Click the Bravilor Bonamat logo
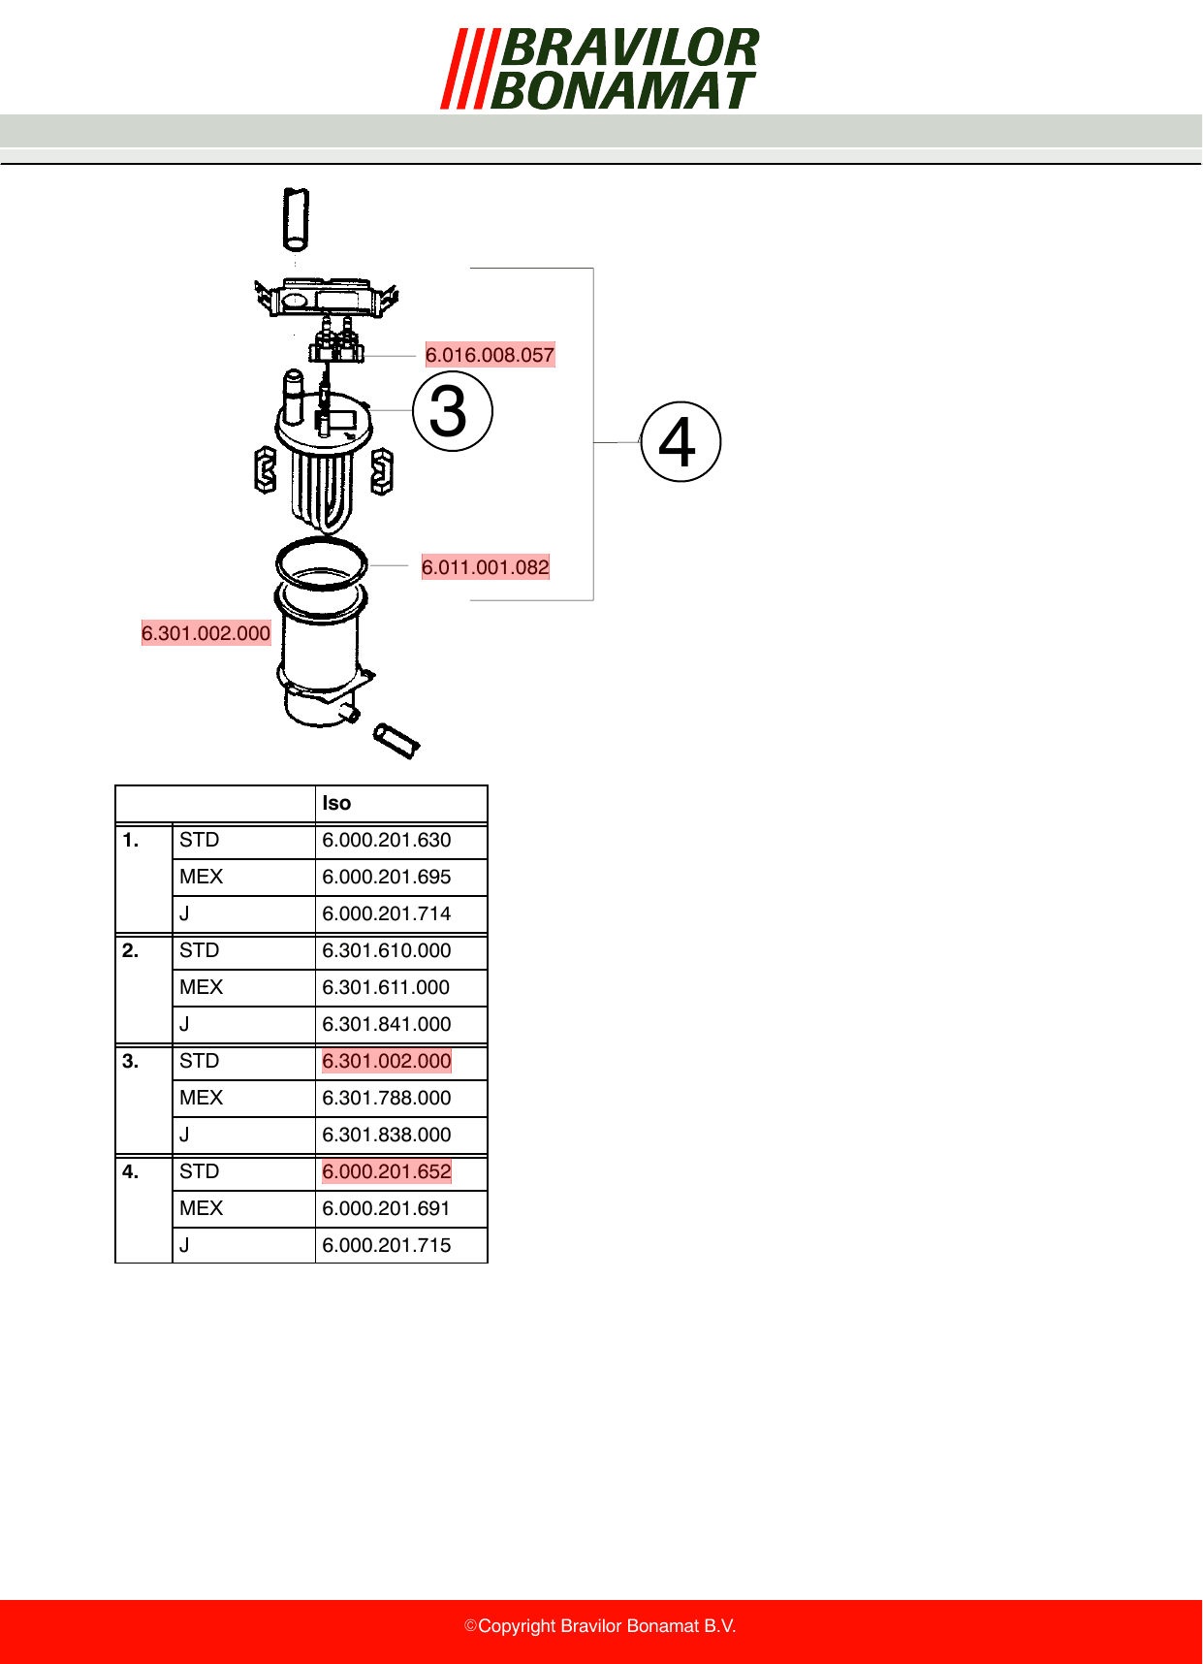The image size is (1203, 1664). (x=600, y=69)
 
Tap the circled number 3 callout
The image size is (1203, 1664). (x=453, y=411)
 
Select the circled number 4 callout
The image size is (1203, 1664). (x=681, y=442)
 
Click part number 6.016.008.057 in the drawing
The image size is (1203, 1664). (x=490, y=355)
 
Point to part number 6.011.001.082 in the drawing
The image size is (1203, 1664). (x=486, y=567)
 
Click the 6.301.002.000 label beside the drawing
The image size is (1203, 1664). (x=206, y=633)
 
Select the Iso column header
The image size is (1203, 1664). (x=336, y=803)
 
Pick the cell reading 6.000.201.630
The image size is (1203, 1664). (x=387, y=840)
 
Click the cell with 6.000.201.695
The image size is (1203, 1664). (x=387, y=877)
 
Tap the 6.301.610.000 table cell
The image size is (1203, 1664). (x=387, y=950)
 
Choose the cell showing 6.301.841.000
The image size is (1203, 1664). (x=387, y=1024)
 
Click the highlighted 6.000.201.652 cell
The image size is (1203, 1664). (x=387, y=1171)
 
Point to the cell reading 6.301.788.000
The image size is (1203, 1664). (x=387, y=1098)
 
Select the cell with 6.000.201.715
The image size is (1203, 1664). (x=387, y=1245)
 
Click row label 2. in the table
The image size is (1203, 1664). (x=131, y=950)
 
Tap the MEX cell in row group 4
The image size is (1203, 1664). (x=201, y=1208)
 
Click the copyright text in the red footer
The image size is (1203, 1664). (x=600, y=1626)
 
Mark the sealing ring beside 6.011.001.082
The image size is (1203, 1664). (x=322, y=562)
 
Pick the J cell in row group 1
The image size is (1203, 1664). (x=184, y=913)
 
